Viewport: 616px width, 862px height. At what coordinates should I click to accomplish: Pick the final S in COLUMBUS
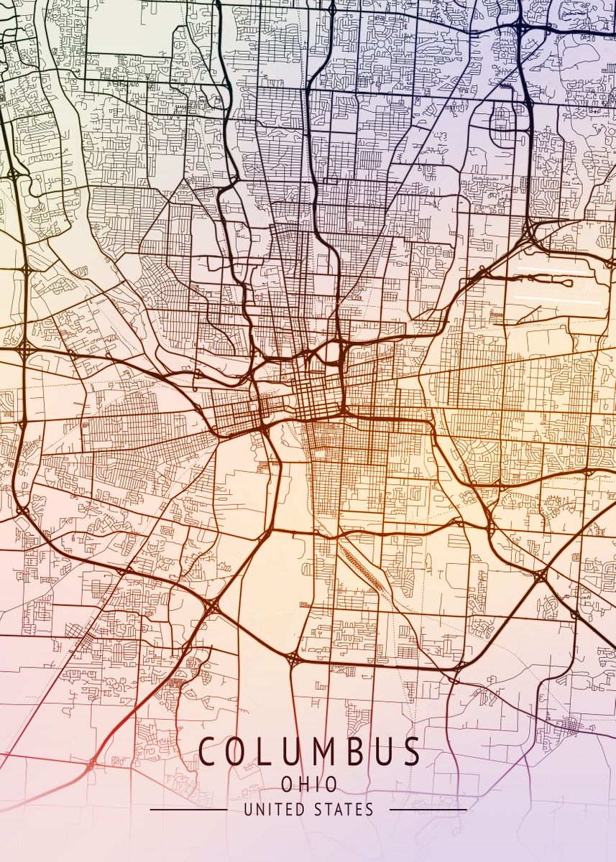pos(412,752)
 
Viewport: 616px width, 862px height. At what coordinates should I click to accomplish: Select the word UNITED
pos(274,810)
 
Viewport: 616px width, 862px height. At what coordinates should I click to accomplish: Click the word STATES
pos(344,810)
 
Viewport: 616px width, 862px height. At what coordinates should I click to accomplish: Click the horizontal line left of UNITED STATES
pos(188,810)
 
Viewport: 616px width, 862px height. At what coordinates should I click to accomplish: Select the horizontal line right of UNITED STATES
pos(428,810)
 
